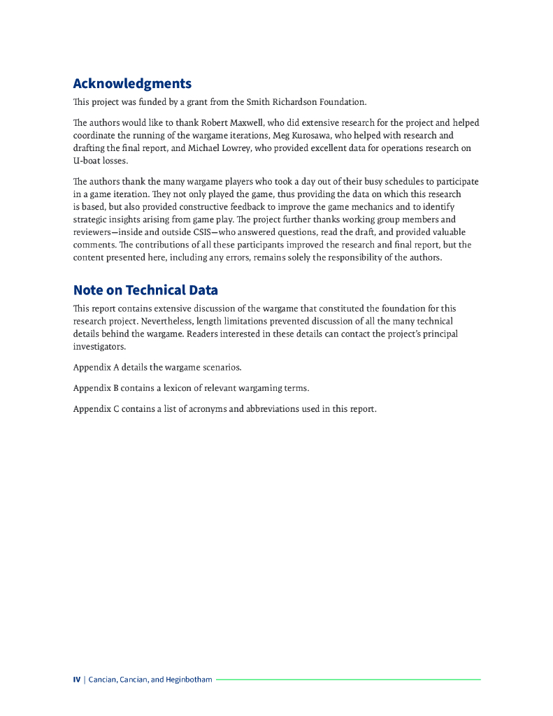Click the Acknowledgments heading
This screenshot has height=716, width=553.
[x=132, y=84]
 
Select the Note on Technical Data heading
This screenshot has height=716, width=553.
[x=145, y=290]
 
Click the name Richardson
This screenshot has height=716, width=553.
[x=292, y=102]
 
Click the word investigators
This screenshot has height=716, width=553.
[x=99, y=346]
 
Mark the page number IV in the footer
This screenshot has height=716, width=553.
[x=77, y=680]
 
